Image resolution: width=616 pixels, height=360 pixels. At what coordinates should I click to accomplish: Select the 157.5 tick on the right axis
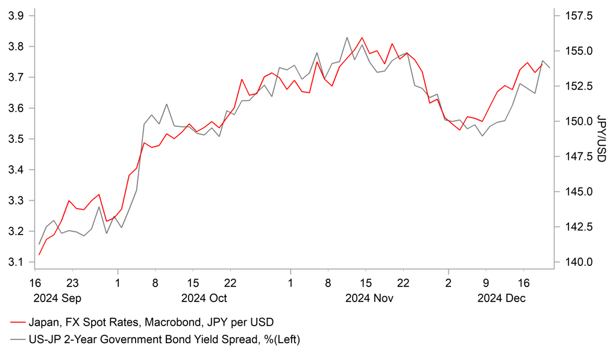(x=577, y=16)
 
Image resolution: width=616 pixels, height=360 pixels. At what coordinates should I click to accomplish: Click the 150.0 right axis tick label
(x=577, y=121)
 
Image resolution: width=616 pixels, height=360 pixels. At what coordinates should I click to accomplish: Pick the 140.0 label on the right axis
(x=577, y=262)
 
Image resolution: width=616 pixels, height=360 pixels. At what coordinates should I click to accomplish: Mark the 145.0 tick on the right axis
(x=577, y=192)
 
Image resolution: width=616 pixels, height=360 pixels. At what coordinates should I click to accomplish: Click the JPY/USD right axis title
(x=601, y=139)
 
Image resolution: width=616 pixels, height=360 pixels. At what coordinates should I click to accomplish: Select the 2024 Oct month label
(x=204, y=298)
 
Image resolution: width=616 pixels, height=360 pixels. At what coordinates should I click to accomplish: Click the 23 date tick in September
(x=72, y=283)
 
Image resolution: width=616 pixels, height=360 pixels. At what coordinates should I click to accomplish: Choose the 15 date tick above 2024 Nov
(x=365, y=283)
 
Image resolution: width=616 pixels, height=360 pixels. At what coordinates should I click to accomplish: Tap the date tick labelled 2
(x=448, y=283)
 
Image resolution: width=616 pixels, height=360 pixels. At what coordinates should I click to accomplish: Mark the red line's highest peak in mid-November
(x=362, y=37)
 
